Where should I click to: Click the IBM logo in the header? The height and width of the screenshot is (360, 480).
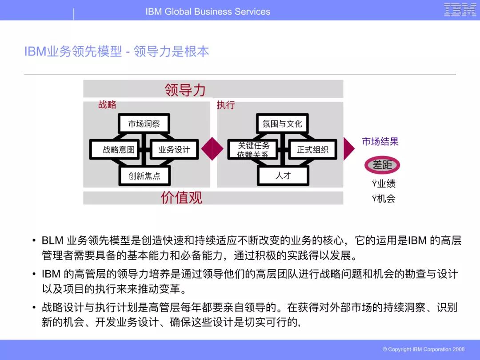click(460, 10)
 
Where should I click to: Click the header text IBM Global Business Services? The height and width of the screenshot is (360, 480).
click(208, 12)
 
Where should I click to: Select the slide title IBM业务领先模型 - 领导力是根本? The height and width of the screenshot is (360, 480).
click(116, 52)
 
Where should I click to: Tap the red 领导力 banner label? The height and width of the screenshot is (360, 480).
click(185, 90)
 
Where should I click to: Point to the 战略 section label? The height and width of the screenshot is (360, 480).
click(107, 104)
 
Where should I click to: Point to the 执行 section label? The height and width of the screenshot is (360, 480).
click(225, 105)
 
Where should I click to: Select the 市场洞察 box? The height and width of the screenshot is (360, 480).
click(144, 124)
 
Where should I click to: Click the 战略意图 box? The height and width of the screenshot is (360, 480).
click(118, 150)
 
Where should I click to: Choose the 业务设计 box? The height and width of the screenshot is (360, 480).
click(174, 150)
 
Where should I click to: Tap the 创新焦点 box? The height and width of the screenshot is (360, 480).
click(144, 176)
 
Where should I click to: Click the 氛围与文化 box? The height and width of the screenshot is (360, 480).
click(282, 124)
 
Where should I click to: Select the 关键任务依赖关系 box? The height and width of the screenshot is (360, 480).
click(253, 150)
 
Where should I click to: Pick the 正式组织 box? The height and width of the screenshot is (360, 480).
click(312, 150)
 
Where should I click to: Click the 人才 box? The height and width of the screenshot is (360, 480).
click(283, 176)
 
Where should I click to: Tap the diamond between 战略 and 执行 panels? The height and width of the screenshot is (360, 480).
click(212, 149)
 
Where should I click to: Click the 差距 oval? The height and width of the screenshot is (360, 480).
click(382, 165)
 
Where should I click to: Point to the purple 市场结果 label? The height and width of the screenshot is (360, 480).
click(380, 142)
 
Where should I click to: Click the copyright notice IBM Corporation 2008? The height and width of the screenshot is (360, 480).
click(424, 349)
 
